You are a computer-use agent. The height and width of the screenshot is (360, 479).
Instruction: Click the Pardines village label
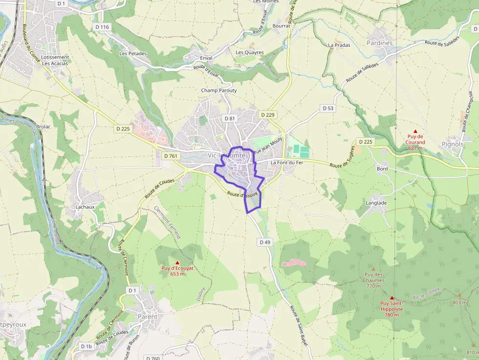click(x=379, y=43)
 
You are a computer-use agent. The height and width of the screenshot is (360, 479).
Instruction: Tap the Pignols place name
click(x=452, y=144)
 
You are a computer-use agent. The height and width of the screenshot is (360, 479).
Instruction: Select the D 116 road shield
click(x=101, y=27)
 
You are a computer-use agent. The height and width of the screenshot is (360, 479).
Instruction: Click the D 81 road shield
click(x=229, y=118)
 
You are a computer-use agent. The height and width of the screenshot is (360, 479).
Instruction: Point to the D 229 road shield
click(x=268, y=115)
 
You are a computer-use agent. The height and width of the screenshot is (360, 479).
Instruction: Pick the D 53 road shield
click(x=327, y=108)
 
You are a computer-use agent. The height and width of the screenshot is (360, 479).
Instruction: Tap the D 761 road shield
click(x=171, y=156)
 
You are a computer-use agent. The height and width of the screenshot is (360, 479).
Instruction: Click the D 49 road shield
click(x=265, y=242)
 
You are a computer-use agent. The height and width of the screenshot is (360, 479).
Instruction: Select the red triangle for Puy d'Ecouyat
click(x=177, y=262)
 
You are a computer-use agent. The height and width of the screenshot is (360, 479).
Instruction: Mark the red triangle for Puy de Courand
click(x=415, y=131)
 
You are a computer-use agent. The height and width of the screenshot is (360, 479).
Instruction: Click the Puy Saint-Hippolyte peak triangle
click(x=392, y=297)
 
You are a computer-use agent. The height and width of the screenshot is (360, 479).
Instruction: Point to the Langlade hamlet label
click(x=376, y=203)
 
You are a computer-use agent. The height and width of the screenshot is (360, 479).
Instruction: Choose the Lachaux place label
click(x=85, y=207)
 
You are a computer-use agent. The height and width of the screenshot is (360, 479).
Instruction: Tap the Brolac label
click(x=44, y=126)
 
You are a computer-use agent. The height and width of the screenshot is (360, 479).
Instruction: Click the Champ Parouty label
click(x=218, y=90)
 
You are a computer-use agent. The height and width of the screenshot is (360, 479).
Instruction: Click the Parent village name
click(x=148, y=317)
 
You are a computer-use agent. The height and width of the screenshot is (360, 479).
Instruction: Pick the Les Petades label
click(x=133, y=53)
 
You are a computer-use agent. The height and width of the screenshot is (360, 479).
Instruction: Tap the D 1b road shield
click(x=86, y=346)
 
